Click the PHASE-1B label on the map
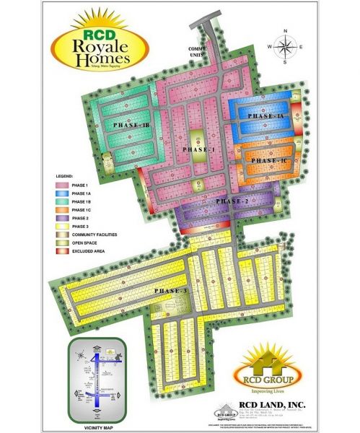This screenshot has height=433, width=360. (131, 125)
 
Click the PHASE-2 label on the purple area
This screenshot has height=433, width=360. (232, 201)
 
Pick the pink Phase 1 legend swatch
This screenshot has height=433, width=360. (63, 185)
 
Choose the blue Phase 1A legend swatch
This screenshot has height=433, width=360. (63, 193)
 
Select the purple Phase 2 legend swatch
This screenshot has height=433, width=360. (63, 217)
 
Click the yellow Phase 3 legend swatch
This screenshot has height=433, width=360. (63, 225)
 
